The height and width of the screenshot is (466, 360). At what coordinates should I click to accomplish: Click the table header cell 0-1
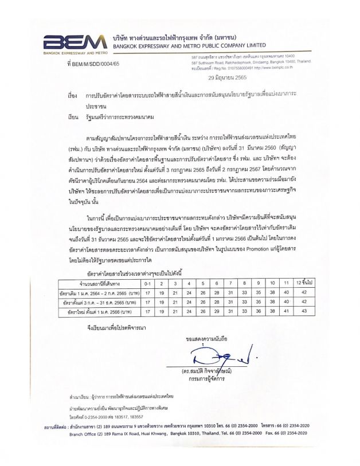click(x=147, y=283)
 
